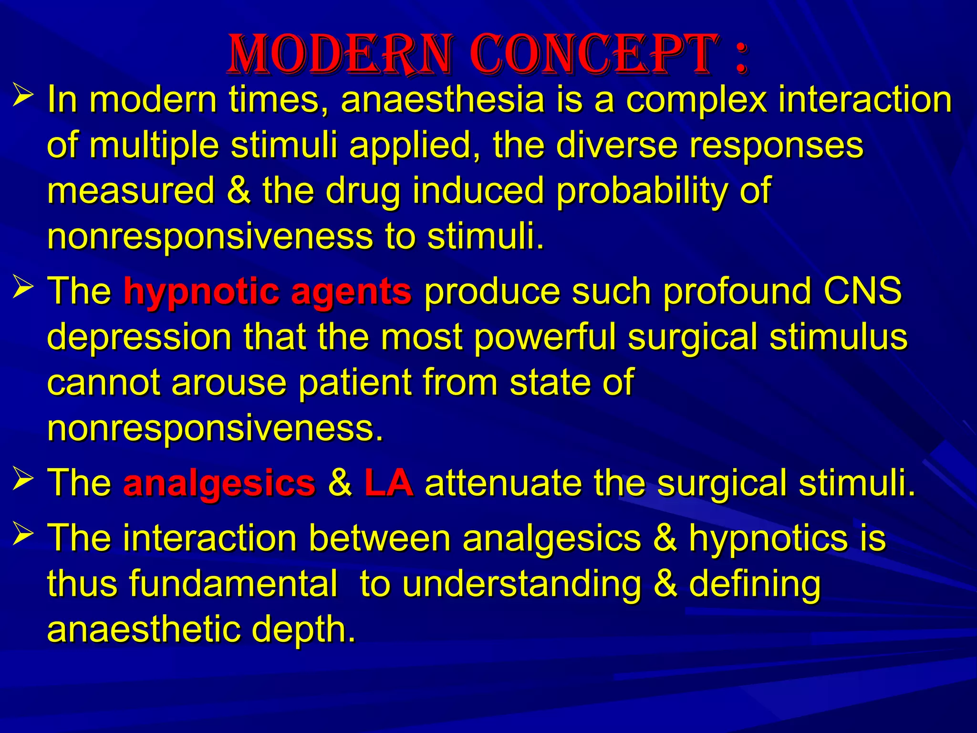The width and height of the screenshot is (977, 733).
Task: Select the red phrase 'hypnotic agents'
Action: pyautogui.click(x=267, y=291)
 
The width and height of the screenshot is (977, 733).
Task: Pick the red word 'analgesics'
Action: pyautogui.click(x=219, y=483)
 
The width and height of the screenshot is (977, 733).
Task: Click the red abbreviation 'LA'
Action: pyautogui.click(x=388, y=483)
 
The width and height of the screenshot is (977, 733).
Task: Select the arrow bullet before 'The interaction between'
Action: pyautogui.click(x=23, y=532)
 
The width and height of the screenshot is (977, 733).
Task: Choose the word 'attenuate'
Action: pyautogui.click(x=503, y=483)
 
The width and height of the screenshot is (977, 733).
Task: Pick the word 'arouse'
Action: pyautogui.click(x=229, y=383)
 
